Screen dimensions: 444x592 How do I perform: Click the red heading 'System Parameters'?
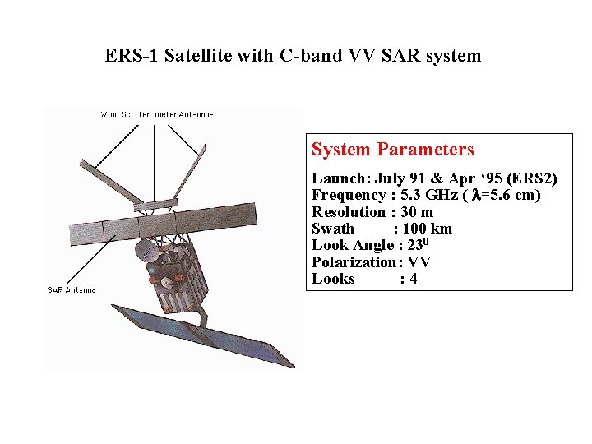[392, 150]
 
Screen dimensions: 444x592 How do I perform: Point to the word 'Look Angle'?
[351, 245]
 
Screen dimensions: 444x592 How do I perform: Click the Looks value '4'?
[414, 279]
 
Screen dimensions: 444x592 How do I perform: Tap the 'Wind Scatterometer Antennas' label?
[157, 114]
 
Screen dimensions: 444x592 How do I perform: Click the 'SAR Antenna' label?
[72, 290]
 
